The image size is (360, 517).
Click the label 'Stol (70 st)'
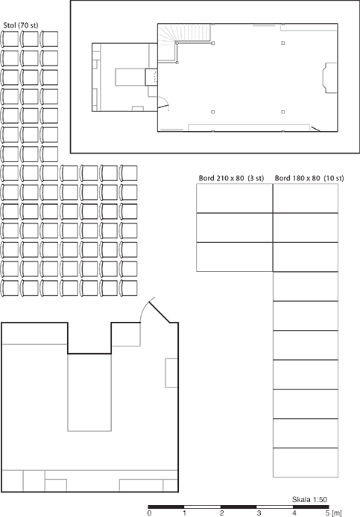point(20,25)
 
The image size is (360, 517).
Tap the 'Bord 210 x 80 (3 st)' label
point(231,178)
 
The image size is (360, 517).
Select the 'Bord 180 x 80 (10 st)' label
point(309,178)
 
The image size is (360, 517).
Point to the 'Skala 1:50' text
point(309,500)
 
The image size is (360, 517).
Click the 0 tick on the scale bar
point(150,513)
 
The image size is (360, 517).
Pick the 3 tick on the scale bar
point(259,513)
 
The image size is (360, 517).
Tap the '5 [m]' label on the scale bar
point(333,513)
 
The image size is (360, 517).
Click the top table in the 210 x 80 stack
point(235,198)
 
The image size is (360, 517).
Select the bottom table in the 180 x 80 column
point(306,463)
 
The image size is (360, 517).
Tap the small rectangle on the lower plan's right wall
point(171,373)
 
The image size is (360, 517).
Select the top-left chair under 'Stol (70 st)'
point(10,39)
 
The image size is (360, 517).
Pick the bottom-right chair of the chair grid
point(128,288)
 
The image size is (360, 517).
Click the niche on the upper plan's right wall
point(329,77)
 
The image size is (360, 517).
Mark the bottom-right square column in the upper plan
point(283,112)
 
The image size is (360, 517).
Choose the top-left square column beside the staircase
point(213,43)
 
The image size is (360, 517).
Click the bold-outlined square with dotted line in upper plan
point(151,77)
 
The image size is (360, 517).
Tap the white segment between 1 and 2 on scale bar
point(202,507)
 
